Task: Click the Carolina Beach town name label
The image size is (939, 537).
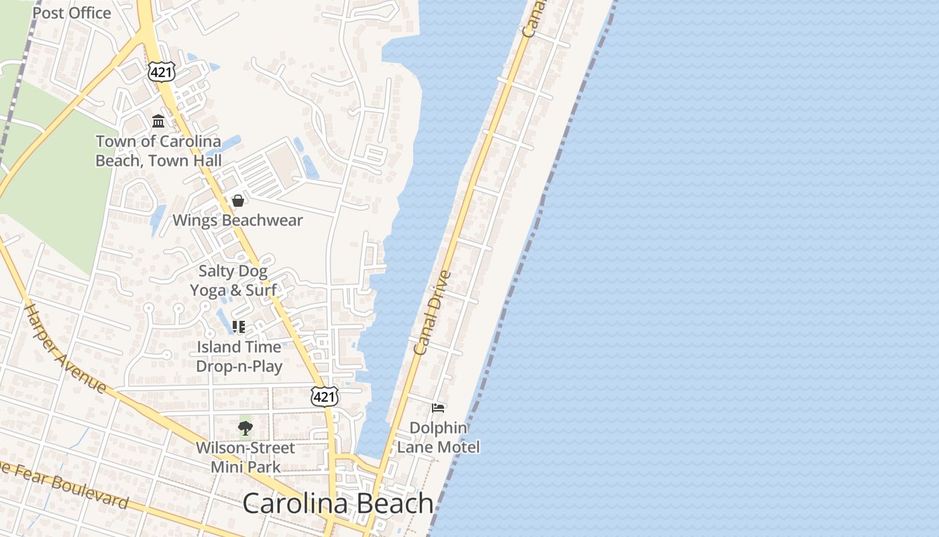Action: point(337,503)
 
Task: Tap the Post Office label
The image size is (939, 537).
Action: point(72,13)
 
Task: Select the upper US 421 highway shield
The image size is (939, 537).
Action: point(162,72)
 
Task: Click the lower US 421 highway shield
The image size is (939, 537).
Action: point(323,396)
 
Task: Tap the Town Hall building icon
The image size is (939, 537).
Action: point(158,121)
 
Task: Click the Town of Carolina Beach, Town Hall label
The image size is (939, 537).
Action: point(158,151)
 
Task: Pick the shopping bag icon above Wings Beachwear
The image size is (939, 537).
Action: point(237,201)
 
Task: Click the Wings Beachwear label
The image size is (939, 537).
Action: point(237,220)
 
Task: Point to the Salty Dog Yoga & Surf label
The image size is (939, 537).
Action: point(233,281)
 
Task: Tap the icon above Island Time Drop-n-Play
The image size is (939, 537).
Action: point(238,327)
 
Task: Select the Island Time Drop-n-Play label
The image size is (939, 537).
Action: point(239,356)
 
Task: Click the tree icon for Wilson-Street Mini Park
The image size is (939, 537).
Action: point(245,428)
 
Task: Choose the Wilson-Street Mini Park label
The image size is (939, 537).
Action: point(245,457)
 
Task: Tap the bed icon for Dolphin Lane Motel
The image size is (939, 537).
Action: point(438,407)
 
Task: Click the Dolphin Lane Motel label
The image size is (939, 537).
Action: point(439,437)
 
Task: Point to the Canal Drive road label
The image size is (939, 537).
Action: point(432,313)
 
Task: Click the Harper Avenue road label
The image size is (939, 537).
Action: point(65,348)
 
